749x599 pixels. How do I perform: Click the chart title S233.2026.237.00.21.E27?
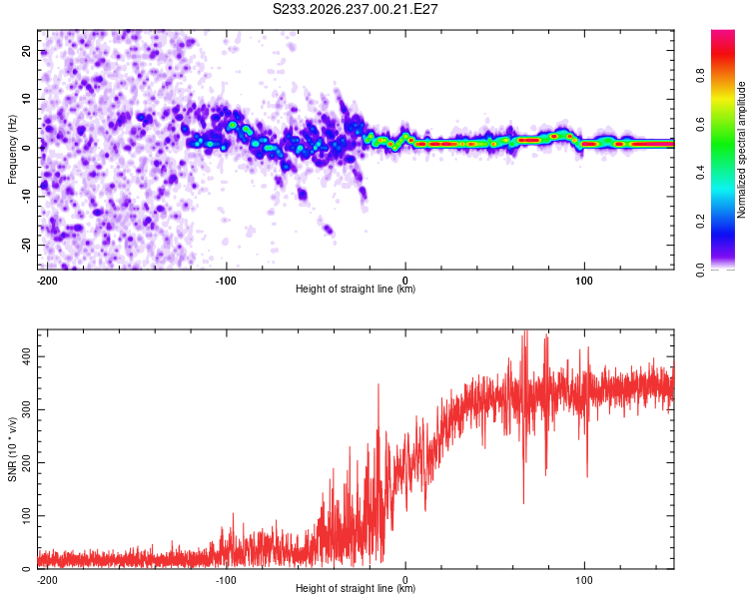pos(355,9)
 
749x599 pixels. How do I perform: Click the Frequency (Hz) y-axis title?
pos(12,150)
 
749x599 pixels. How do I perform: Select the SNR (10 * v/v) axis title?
pos(12,449)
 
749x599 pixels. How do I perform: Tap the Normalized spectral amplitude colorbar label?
pos(741,150)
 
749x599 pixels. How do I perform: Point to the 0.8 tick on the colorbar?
pos(700,76)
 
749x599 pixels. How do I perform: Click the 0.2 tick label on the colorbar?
pos(700,222)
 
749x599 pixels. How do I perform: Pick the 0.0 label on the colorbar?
pos(700,270)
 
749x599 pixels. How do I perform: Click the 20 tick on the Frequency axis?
pos(26,51)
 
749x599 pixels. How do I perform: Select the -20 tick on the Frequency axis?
pos(26,245)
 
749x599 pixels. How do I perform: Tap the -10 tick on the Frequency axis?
pos(26,197)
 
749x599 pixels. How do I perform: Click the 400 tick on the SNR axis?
pos(26,356)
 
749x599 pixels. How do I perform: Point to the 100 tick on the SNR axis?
pos(26,516)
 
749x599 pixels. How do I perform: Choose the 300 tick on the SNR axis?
pos(26,410)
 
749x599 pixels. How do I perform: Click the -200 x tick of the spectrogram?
pos(47,281)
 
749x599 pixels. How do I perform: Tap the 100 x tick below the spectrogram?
pos(584,281)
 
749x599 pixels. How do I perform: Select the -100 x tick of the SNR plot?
pos(226,580)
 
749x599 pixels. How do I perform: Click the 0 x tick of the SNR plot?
pos(405,580)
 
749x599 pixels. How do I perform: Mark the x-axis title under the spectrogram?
pos(356,289)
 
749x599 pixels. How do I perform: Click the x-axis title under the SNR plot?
pos(356,588)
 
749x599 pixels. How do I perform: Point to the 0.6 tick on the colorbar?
pos(700,124)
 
